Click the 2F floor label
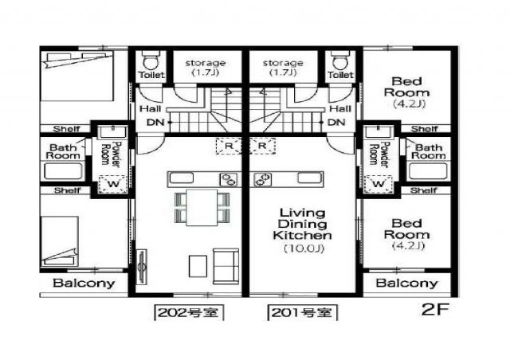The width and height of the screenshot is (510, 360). tap(435, 309)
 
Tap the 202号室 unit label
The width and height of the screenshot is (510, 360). tap(189, 313)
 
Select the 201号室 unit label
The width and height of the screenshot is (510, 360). tap(303, 313)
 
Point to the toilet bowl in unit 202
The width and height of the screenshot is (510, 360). tap(151, 61)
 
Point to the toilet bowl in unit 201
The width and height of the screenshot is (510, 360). tap(340, 61)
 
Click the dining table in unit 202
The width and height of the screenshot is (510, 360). tap(202, 208)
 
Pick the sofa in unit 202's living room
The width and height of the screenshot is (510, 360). tap(226, 266)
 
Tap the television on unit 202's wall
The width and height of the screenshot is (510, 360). tap(142, 266)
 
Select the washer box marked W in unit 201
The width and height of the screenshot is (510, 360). tap(378, 184)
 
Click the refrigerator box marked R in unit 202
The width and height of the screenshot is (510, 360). tap(229, 146)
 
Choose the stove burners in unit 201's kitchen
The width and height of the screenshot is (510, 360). tap(263, 179)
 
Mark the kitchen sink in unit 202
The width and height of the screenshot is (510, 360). tap(182, 178)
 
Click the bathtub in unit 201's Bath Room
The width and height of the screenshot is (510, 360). tap(428, 171)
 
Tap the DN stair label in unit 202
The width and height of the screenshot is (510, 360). tap(155, 123)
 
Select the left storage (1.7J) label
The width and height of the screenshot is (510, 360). tap(206, 68)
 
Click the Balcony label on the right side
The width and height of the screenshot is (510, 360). tap(406, 283)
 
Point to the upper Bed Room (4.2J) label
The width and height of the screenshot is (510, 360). tap(406, 92)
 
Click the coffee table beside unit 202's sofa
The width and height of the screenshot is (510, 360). tap(198, 266)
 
